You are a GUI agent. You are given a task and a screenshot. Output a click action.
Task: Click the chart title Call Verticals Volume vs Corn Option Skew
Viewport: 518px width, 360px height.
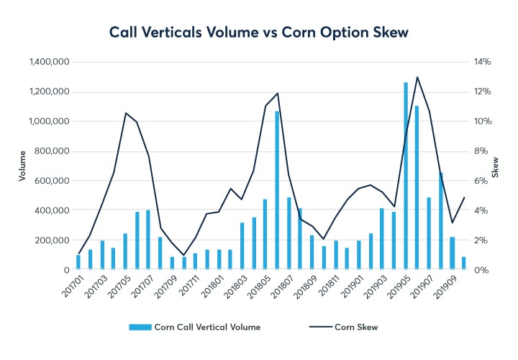tap(258, 32)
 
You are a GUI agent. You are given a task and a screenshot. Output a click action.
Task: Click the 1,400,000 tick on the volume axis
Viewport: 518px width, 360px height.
tap(50, 63)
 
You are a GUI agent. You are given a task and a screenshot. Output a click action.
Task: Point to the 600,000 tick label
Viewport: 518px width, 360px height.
tap(54, 181)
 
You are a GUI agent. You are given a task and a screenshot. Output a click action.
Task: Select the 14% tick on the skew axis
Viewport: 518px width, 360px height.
tap(481, 63)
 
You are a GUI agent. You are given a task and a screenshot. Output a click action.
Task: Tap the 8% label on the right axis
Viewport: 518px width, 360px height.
tap(478, 152)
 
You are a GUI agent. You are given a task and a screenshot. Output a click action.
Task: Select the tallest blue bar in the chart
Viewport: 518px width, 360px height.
tap(406, 176)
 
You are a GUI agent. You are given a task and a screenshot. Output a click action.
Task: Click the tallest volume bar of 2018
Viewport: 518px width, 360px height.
tap(277, 191)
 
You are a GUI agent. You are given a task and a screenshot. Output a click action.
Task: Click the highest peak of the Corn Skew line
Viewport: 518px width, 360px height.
tap(417, 77)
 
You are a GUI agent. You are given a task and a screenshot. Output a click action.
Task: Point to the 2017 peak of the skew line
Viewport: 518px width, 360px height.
tap(125, 113)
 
